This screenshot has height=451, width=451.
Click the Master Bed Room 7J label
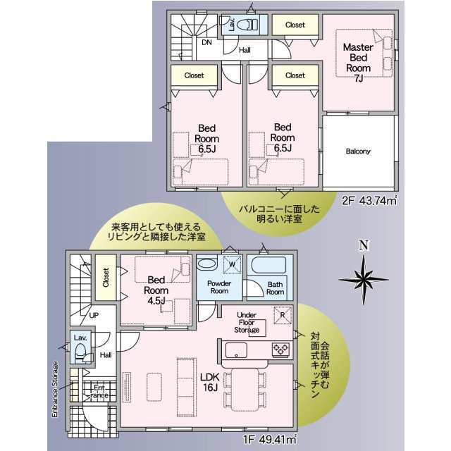(x=358, y=63)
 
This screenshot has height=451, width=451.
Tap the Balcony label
(x=358, y=151)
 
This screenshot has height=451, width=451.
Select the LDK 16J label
(x=210, y=382)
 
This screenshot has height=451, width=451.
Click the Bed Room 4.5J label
(x=156, y=290)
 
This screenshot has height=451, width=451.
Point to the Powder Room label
(x=219, y=287)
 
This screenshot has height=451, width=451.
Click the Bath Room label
(x=276, y=288)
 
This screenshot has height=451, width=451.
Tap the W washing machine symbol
(x=232, y=264)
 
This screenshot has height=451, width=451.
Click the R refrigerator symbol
(x=283, y=315)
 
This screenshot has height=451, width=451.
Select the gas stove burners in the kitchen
(x=280, y=350)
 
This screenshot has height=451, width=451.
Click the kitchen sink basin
(x=236, y=350)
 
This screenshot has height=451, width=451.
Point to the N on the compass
(x=364, y=246)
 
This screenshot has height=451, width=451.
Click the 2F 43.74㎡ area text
(x=369, y=200)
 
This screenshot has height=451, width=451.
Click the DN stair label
(x=206, y=42)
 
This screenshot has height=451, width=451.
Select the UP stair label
(x=94, y=315)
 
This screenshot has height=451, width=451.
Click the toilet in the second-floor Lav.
(x=248, y=25)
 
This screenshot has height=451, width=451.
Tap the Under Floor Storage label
(x=247, y=323)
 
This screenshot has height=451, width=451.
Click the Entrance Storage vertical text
(x=55, y=389)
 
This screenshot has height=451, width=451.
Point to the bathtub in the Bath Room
(x=268, y=265)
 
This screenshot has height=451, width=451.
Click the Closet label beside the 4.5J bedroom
(x=106, y=277)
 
